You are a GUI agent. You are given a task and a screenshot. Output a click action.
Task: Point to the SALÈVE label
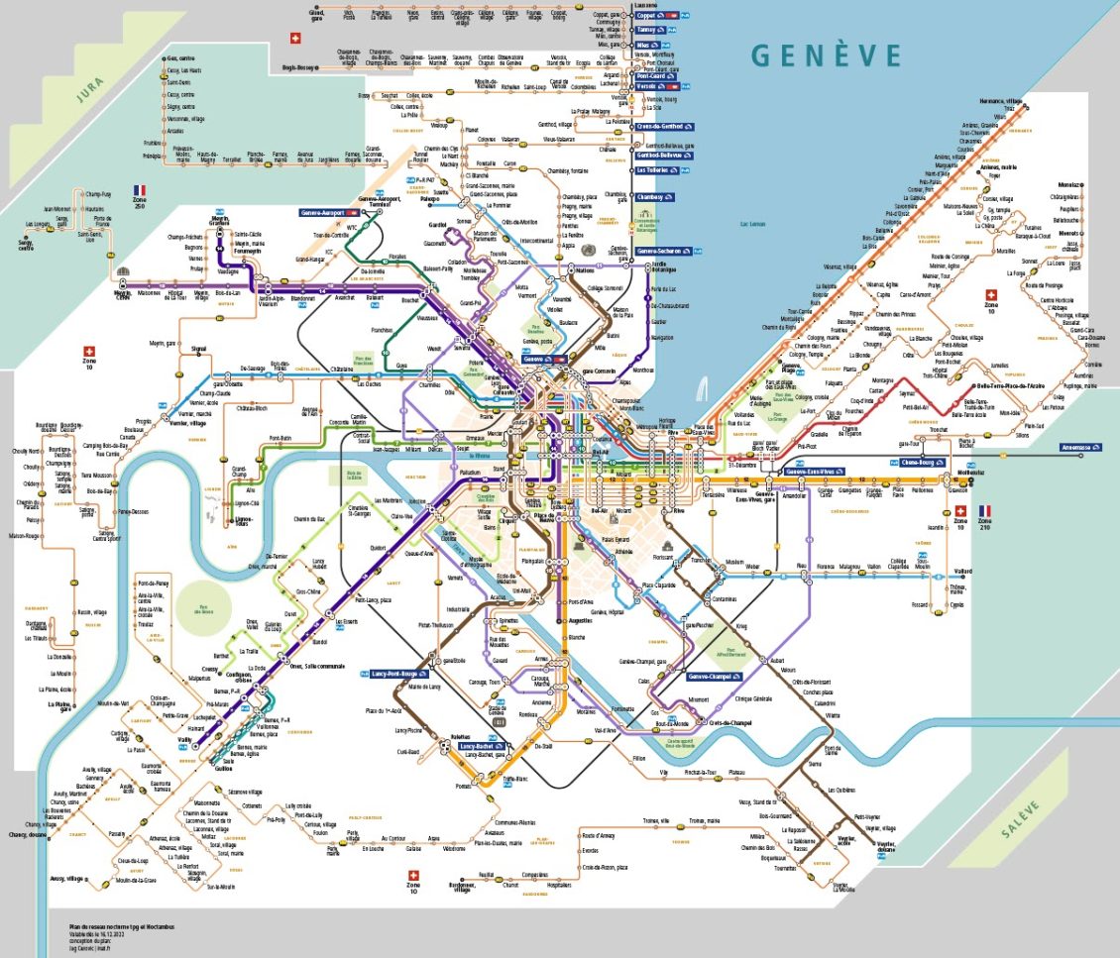pos(1020,821)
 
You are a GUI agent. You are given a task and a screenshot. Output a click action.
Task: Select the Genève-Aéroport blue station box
pos(328,212)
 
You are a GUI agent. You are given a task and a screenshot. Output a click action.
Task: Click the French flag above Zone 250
pos(140,188)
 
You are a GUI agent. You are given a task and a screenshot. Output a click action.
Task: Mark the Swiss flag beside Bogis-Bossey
pos(293,39)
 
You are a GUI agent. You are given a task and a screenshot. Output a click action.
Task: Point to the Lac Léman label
pos(757,224)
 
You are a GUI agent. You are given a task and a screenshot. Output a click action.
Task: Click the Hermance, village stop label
pos(1001,101)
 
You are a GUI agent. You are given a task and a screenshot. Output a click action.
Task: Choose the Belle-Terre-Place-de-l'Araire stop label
pos(1010,385)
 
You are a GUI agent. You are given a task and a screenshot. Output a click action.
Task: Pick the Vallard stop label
pos(962,571)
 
